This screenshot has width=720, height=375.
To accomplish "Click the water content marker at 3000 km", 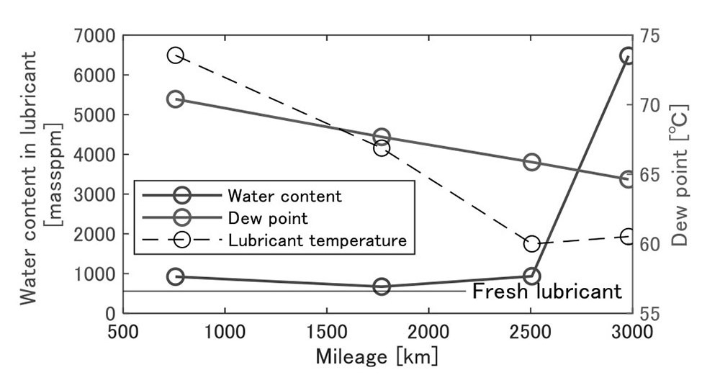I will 627,56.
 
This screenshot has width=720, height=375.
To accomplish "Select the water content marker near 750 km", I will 175,276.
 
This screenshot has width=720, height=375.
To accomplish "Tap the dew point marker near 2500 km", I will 532,162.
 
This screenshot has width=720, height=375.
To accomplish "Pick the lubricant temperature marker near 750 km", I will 175,55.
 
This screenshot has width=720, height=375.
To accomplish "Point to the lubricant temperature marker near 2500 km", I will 532,243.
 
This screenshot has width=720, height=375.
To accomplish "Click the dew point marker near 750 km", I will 175,99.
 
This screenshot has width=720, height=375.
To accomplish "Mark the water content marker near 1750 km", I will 382,286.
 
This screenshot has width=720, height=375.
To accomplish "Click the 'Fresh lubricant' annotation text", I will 546,292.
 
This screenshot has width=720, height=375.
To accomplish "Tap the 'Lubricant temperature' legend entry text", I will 318,240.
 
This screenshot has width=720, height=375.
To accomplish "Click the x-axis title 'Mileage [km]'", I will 376,356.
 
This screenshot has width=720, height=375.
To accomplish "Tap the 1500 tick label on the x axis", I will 328,332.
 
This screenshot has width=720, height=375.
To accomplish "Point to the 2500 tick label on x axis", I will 531,332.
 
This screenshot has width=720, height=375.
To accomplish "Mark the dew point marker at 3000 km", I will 627,179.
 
